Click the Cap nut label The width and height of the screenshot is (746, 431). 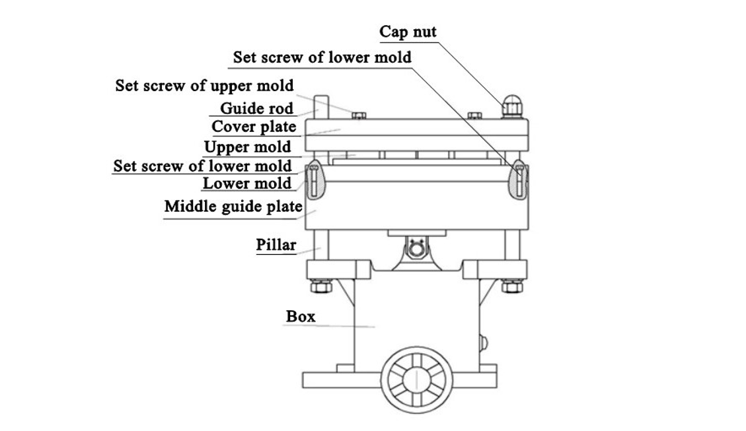coord(408,32)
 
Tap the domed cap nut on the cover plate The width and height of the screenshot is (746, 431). coord(511,106)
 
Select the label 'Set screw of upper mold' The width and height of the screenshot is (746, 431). coord(204,86)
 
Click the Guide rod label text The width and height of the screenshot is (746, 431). coord(256,108)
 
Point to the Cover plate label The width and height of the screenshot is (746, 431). coord(254,127)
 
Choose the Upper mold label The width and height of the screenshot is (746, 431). coord(247,147)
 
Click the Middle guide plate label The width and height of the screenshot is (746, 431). coord(233,206)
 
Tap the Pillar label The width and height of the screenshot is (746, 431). coord(276,245)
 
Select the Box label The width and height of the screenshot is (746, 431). coord(301,316)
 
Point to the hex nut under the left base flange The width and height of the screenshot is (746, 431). coord(321,286)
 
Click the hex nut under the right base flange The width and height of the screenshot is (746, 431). coord(512,286)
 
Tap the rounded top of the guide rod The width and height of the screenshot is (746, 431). coord(322,98)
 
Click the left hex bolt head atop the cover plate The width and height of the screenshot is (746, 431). coord(359,116)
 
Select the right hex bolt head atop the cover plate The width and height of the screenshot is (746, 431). coord(474,116)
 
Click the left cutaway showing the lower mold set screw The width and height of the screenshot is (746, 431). coord(315,180)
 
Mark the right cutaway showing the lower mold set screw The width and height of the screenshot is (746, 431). coord(518,180)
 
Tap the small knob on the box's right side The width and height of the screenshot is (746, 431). coord(484,343)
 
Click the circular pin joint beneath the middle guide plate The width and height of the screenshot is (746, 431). coord(416,249)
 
